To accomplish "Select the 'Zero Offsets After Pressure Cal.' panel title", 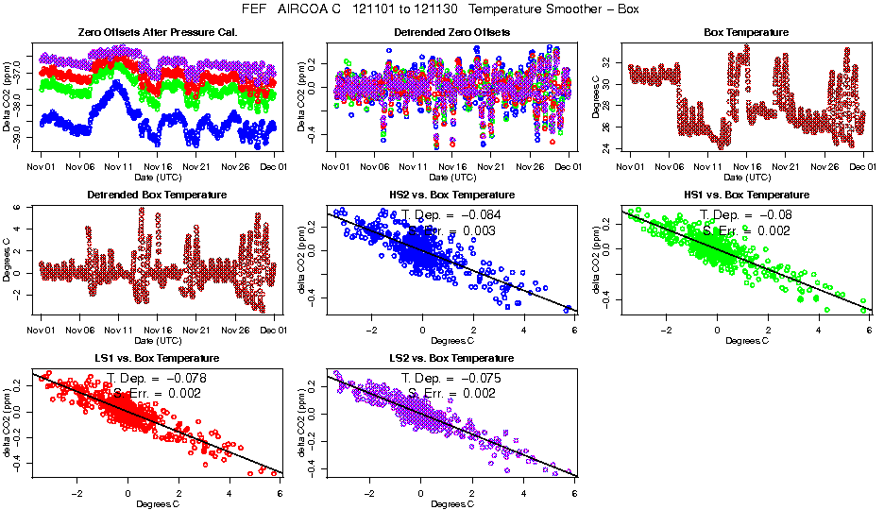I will coord(157,32).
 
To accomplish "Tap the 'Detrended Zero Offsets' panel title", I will coord(451,32).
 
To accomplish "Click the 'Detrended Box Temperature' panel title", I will coord(157,195).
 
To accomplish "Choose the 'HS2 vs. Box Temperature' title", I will coord(451,195).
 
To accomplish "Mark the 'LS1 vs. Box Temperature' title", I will coord(157,359).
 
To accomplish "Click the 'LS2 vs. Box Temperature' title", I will coord(451,359).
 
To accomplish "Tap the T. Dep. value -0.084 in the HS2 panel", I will coord(480,214).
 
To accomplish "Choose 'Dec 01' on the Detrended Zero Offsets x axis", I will coord(567,166).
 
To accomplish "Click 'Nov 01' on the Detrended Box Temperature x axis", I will coord(40,330).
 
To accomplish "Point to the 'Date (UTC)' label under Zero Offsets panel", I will coord(157,178).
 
